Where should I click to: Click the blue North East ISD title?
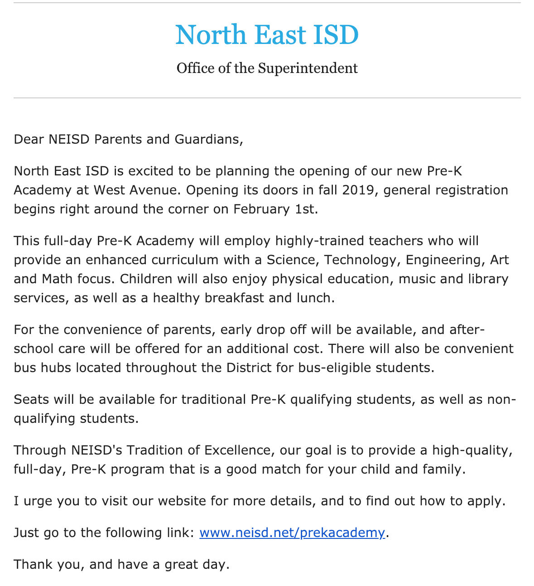(x=267, y=35)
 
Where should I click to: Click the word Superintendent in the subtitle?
(x=308, y=68)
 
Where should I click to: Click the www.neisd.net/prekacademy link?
(x=292, y=532)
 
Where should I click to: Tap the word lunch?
(x=313, y=298)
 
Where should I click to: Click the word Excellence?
(x=238, y=450)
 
